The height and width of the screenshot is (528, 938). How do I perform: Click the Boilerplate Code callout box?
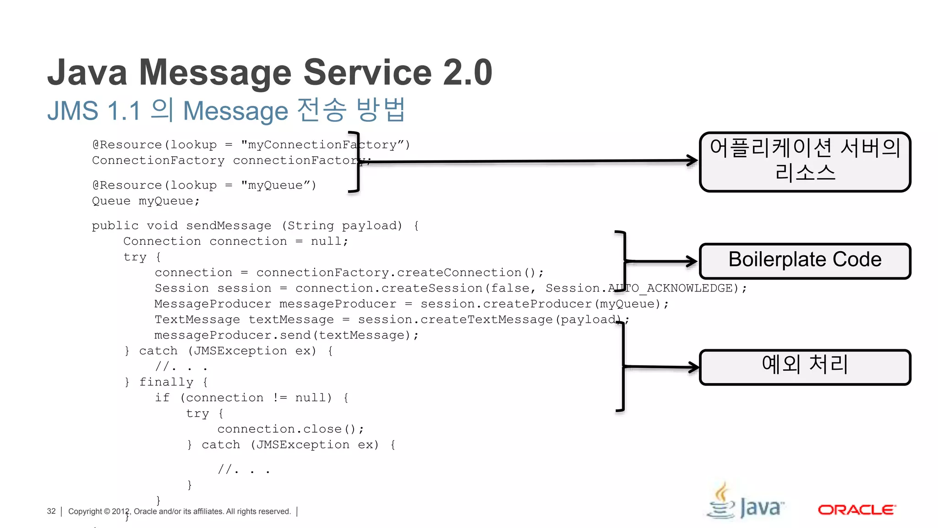805,261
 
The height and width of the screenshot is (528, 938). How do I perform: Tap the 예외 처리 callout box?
805,367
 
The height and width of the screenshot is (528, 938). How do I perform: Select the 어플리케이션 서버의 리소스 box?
805,161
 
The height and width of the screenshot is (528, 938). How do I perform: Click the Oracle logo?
856,510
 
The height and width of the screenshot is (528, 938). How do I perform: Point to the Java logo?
745,503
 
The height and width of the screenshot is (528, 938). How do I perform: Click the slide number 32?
51,511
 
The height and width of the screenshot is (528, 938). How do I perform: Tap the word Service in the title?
367,72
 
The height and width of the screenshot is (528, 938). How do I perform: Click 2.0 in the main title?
468,72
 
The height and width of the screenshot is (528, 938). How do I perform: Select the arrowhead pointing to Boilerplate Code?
691,261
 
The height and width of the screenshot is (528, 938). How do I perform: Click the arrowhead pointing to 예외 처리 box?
693,367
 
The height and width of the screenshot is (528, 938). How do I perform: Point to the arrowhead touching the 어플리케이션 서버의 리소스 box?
692,160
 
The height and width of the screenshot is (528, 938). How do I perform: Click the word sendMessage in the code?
229,225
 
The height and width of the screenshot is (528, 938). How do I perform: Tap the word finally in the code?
166,382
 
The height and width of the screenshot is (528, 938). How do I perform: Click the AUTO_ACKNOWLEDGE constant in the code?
673,288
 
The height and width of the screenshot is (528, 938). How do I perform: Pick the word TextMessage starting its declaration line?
197,319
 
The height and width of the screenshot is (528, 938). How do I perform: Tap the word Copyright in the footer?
85,511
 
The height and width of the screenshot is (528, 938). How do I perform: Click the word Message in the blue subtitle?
235,111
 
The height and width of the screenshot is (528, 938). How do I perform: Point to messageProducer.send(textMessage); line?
286,335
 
